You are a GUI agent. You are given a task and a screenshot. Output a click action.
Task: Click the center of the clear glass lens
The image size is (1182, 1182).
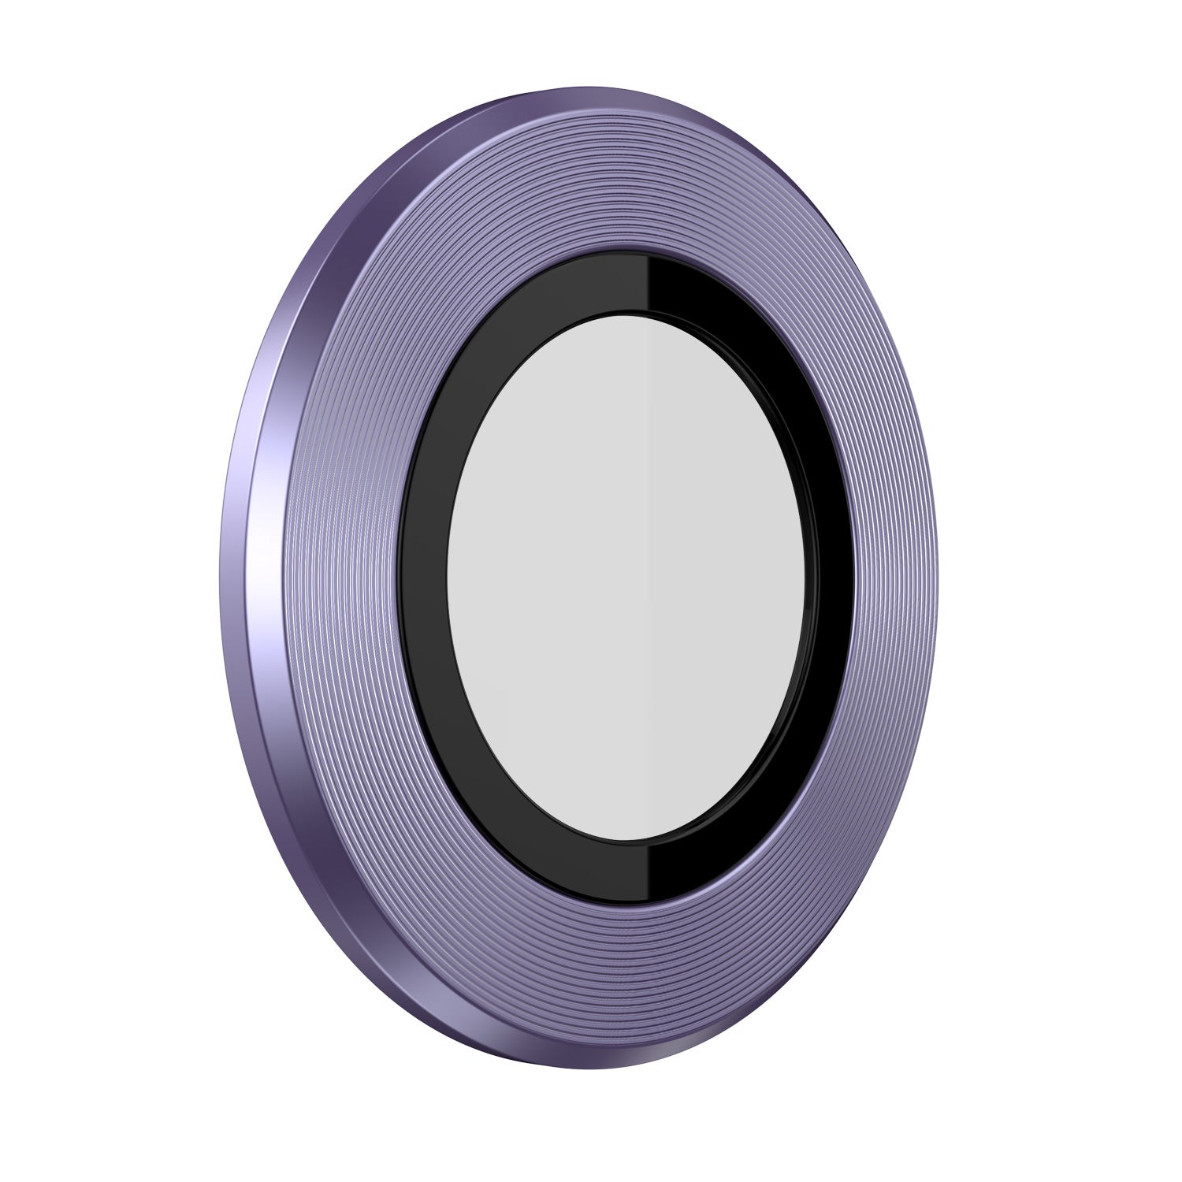(626, 579)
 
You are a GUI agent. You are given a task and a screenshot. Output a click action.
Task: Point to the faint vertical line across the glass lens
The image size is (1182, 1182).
(648, 579)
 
